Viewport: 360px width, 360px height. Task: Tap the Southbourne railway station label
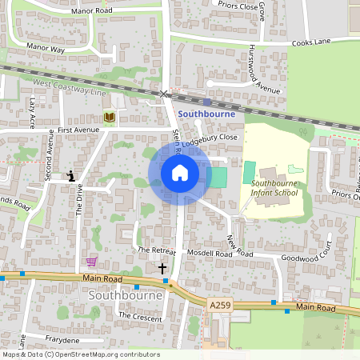tap(206, 114)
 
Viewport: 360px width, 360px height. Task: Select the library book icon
tap(109, 118)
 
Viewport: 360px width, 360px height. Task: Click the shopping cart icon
tap(91, 261)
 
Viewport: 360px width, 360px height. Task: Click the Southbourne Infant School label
tap(274, 188)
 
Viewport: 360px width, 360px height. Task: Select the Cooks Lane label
tap(311, 42)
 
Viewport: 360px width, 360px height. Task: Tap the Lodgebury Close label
tap(210, 138)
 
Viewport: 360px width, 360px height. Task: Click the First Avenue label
tap(78, 129)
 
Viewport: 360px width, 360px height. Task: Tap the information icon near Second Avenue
tap(72, 176)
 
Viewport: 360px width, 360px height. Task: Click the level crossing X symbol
tap(164, 94)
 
